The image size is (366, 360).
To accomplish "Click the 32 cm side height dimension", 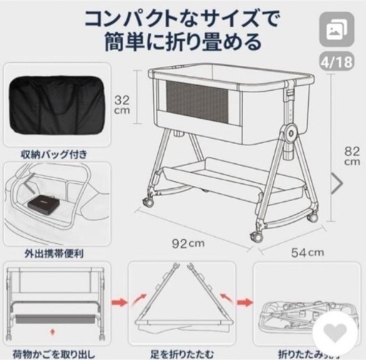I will point(124,106).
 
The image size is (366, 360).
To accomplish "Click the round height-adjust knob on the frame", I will point(290,134).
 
